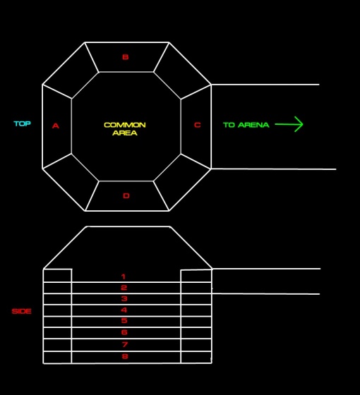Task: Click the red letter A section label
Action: point(56,126)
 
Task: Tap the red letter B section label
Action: point(126,57)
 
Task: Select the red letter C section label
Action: point(198,125)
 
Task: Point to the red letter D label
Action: point(126,196)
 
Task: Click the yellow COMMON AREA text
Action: point(125,128)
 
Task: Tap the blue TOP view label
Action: point(22,123)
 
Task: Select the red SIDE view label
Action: point(22,311)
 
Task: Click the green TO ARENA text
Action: point(246,125)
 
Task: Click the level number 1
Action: point(124,276)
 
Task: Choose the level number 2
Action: point(124,288)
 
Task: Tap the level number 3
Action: point(124,299)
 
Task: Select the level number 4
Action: point(124,310)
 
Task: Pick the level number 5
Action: point(124,320)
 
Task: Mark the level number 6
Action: point(124,332)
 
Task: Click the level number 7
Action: point(125,344)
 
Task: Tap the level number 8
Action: point(125,356)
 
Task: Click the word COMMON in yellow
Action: point(125,125)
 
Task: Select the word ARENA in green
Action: point(253,125)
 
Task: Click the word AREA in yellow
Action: point(125,133)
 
